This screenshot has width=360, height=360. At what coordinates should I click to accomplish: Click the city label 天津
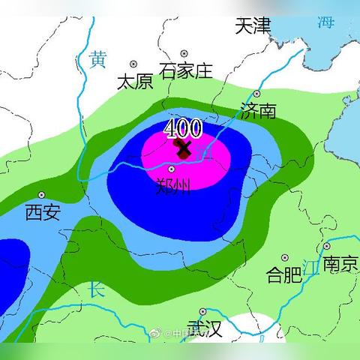[x=252, y=25]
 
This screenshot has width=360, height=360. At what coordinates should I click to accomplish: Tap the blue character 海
[x=325, y=22]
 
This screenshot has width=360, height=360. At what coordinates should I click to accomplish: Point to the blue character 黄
[x=97, y=58]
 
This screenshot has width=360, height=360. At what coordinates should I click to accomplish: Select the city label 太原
[x=134, y=82]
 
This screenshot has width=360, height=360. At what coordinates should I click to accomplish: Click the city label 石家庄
[x=186, y=71]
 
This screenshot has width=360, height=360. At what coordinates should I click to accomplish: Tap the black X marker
[x=183, y=148]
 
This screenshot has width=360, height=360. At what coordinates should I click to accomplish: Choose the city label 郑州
[x=173, y=185]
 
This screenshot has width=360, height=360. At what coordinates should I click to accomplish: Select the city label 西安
[x=42, y=213]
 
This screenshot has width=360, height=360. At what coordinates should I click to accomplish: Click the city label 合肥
[x=284, y=274]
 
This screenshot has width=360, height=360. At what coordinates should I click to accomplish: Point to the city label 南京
[x=340, y=263]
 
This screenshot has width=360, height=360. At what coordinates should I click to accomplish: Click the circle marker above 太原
[x=134, y=64]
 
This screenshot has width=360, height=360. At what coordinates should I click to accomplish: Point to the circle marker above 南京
[x=327, y=246]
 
